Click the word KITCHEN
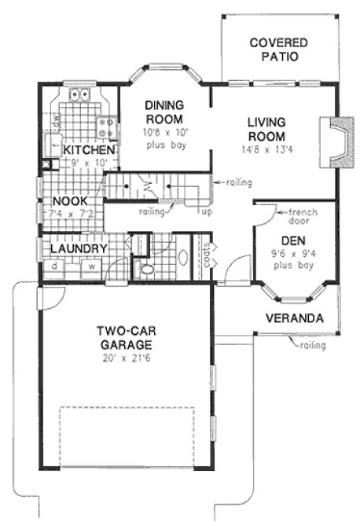[90, 149]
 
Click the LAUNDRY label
[78, 249]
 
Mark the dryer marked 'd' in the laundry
[54, 266]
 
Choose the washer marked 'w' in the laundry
[92, 266]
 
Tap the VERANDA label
[293, 318]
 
